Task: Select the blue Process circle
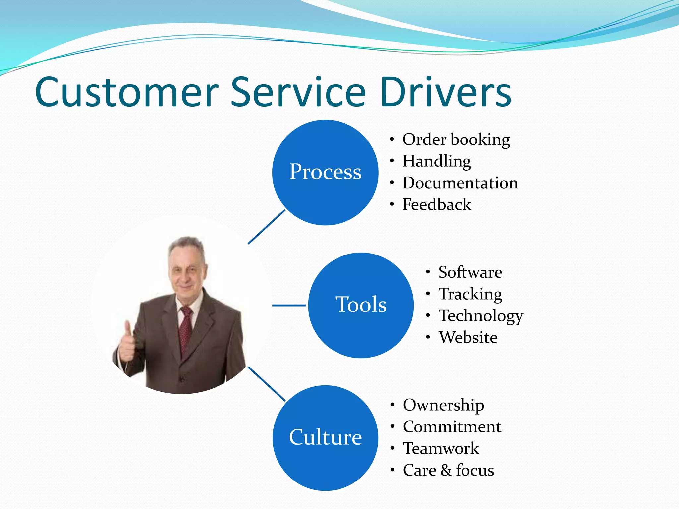325,172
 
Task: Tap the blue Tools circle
361,305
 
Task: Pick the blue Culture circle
325,438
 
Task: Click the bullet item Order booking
456,140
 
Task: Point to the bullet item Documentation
460,183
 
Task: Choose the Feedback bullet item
437,204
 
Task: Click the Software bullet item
470,272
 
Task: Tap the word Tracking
470,294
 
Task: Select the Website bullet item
468,337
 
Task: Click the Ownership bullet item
443,405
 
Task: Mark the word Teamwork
441,448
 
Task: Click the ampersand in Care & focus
446,470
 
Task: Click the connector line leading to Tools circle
289,305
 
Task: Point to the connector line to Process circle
267,227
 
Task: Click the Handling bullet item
437,161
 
